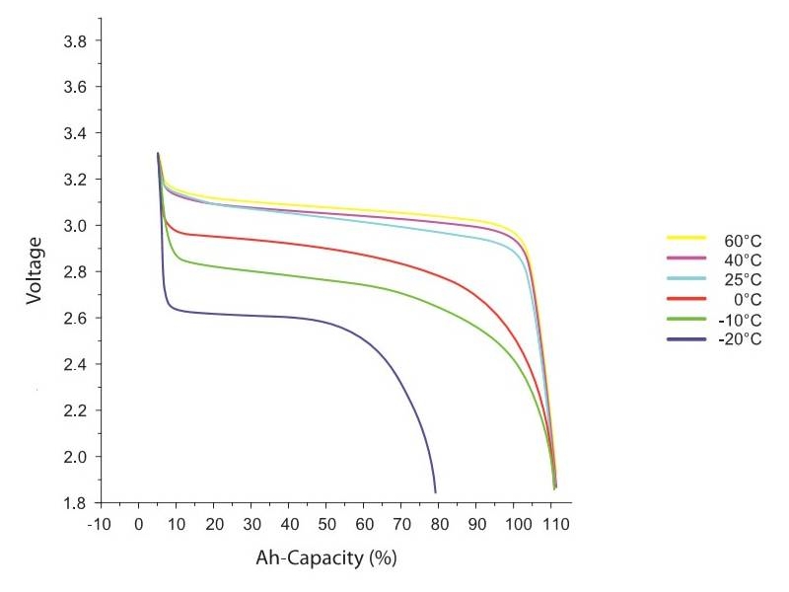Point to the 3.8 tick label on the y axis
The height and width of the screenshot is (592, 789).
(x=77, y=41)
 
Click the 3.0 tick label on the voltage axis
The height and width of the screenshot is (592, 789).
(x=77, y=226)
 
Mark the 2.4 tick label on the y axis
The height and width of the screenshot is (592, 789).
(x=77, y=364)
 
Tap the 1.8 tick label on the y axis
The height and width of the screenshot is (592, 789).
(x=77, y=503)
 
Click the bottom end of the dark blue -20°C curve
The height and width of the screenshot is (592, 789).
(x=435, y=491)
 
